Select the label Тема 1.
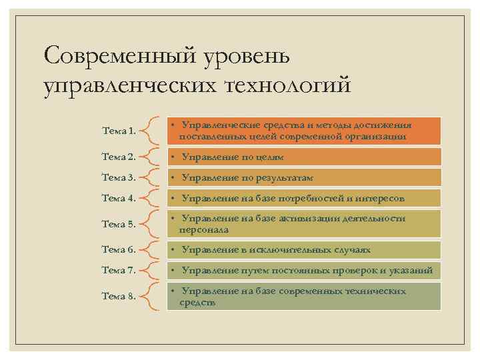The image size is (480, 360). coord(119,131)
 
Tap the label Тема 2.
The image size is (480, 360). coord(119,157)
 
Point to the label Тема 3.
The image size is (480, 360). coord(119,177)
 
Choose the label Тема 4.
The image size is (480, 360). coord(119,198)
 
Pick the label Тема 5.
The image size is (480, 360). coord(119,224)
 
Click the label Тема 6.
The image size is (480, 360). coord(119,249)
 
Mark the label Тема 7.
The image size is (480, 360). coord(119,270)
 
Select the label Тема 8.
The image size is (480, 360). coord(119,296)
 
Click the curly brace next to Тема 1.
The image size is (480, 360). coord(153,131)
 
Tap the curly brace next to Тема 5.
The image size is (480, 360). coord(153,224)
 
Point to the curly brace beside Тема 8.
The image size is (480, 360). coord(153,296)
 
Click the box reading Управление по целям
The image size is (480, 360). coord(303,157)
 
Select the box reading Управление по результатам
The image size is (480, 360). coord(303,178)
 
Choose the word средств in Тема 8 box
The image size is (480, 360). coord(197,302)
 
